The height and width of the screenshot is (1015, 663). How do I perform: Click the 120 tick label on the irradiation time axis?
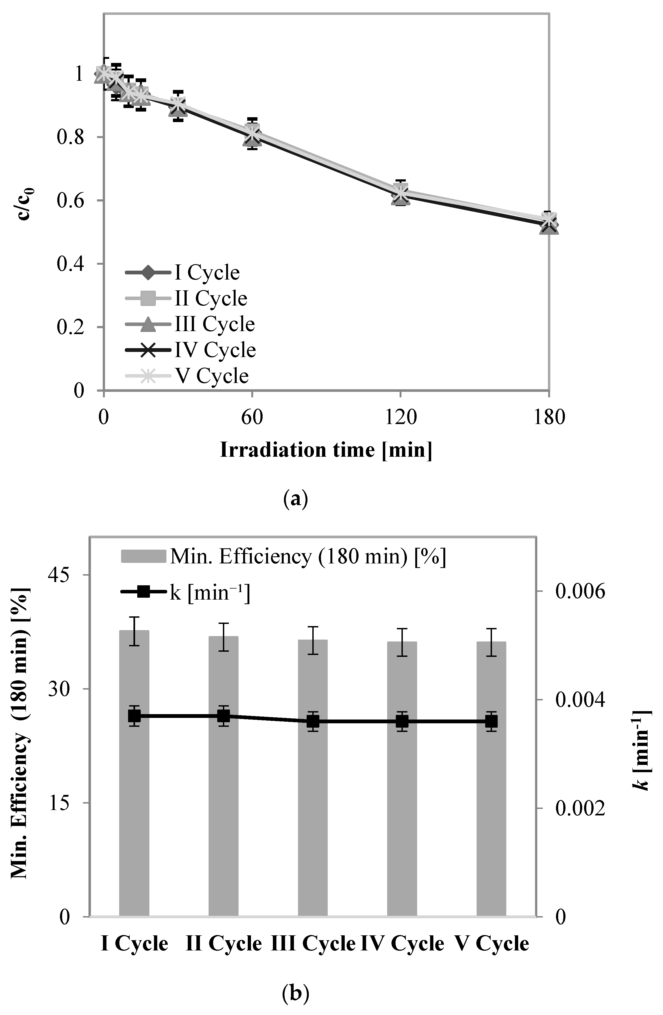coord(400,417)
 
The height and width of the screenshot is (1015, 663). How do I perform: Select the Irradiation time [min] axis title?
coord(326,450)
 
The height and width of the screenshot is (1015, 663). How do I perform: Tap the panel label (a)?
coord(295,498)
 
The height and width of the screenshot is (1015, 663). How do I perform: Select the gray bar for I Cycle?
coord(134,776)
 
